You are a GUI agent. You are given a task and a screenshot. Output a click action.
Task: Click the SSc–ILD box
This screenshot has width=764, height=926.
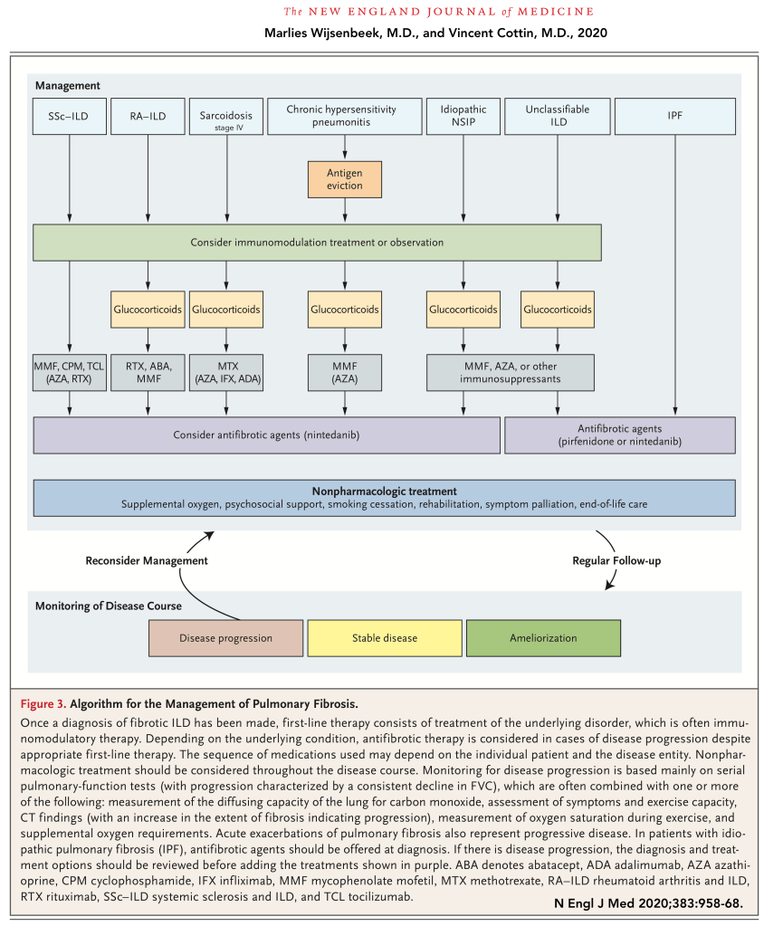(x=69, y=116)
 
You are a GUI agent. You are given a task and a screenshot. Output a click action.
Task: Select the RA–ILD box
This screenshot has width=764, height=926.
(x=147, y=116)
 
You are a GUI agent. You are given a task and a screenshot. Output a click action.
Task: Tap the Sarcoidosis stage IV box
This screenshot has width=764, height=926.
(x=226, y=116)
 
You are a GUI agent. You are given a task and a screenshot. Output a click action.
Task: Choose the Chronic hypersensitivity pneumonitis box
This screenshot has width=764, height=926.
(x=344, y=116)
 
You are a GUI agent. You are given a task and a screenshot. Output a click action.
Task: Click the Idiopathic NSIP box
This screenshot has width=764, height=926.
(x=463, y=116)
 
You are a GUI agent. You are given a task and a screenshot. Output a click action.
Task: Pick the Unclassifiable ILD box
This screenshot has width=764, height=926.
(x=557, y=116)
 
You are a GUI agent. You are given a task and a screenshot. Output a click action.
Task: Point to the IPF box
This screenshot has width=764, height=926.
(x=674, y=116)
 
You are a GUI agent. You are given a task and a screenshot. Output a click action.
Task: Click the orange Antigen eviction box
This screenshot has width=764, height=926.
(x=344, y=179)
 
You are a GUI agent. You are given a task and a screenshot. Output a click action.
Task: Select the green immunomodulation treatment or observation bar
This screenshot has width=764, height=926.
(x=317, y=243)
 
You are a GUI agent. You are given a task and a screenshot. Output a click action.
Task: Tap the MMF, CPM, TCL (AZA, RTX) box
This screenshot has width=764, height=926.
(x=69, y=373)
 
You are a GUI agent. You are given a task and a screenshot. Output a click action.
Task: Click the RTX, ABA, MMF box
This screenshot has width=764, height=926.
(x=147, y=373)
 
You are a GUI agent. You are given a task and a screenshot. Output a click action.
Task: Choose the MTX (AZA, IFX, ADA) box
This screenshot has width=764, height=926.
(x=226, y=373)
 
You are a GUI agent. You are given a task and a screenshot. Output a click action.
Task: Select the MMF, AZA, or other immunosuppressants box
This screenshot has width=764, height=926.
(x=511, y=373)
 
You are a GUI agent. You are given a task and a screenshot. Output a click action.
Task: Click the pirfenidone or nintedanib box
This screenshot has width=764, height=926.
(x=619, y=434)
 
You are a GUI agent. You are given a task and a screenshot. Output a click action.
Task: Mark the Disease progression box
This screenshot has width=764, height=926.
(x=225, y=637)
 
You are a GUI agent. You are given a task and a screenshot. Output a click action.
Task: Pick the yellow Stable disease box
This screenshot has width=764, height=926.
(x=385, y=637)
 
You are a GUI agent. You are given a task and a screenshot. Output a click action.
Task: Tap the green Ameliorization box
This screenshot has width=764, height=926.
(x=543, y=637)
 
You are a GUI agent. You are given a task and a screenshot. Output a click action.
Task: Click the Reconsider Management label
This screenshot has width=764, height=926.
(x=147, y=560)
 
